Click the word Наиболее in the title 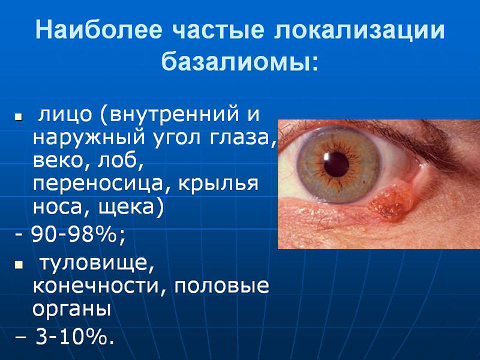tap(98, 29)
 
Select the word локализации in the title tap(359, 30)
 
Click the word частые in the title tap(218, 30)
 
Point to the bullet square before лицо tap(19, 116)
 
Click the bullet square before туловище tap(19, 265)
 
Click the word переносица tap(98, 184)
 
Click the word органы tap(71, 310)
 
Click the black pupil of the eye tap(336, 164)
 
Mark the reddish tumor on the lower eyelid tap(392, 200)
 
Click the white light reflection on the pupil tap(326, 157)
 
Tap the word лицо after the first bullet tap(65, 115)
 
